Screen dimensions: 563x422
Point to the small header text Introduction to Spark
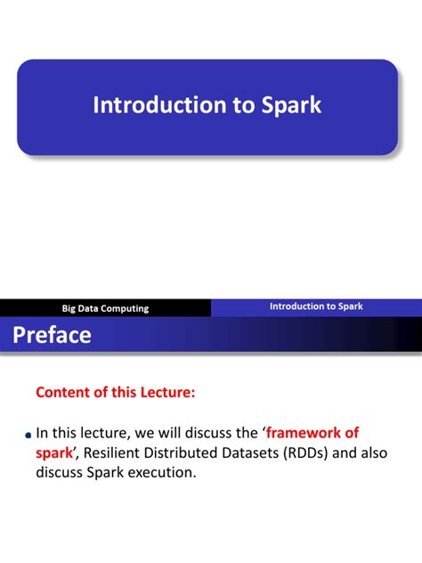coord(316,306)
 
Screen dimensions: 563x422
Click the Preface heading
coord(51,335)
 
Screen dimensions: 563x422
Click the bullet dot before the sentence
coord(28,436)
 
